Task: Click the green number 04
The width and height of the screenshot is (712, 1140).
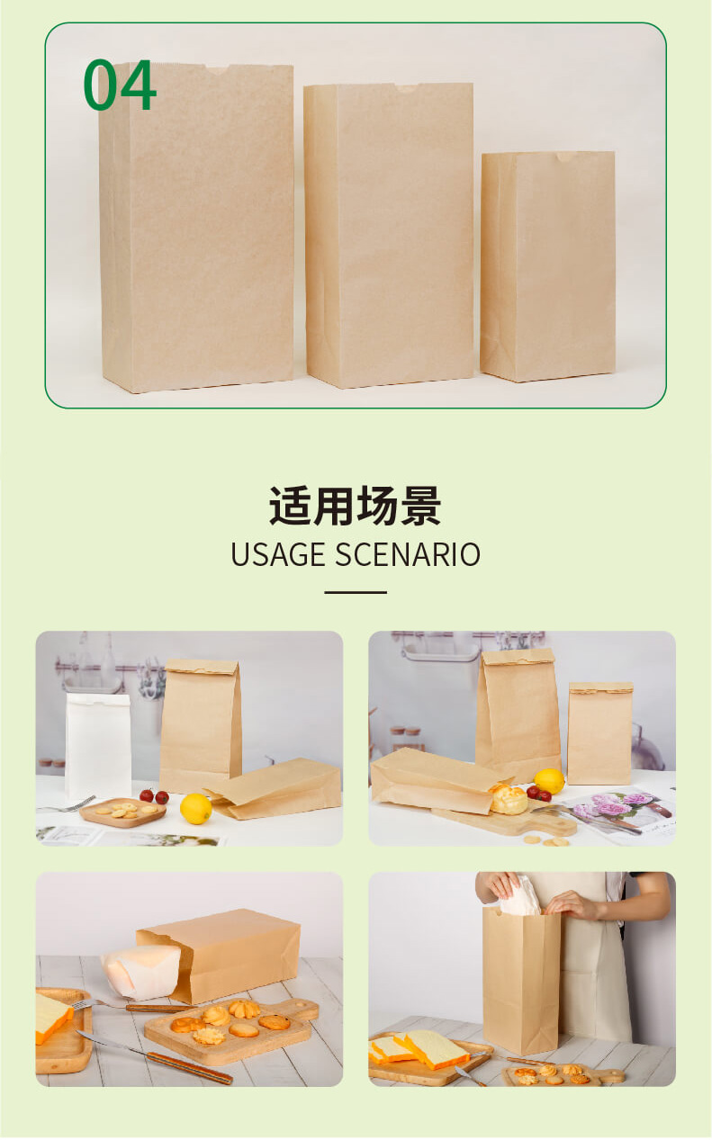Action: point(120,87)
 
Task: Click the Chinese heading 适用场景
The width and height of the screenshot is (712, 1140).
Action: point(355,506)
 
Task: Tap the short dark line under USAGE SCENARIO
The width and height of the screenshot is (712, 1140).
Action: point(355,592)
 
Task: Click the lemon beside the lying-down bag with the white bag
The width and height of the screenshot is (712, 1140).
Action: point(196,808)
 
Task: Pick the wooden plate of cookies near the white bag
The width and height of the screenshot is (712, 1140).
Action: point(122,812)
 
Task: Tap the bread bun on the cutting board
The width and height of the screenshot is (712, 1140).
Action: point(509,799)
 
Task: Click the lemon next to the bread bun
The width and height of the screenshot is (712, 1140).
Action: point(549,781)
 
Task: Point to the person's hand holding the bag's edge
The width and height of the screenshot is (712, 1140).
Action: point(572,904)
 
